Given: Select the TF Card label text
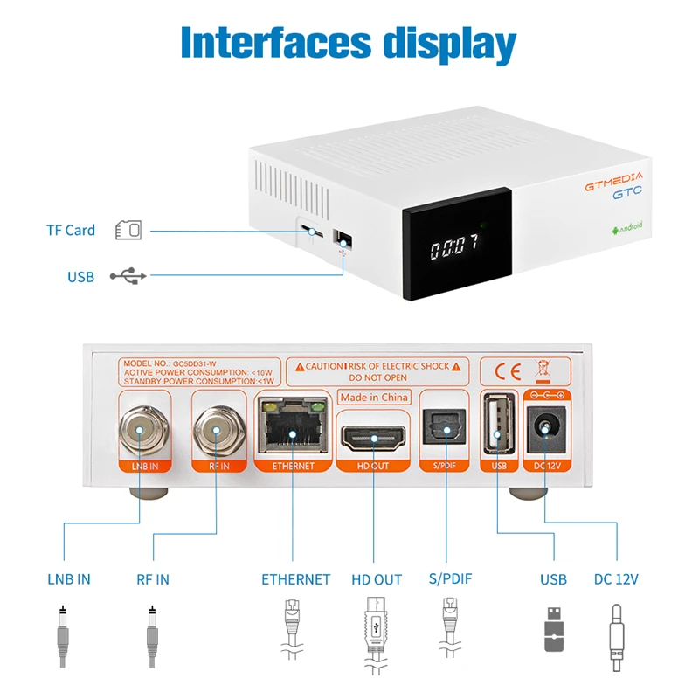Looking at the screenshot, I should [71, 231].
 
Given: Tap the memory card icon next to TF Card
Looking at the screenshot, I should [128, 231].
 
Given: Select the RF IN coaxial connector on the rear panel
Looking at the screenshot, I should [217, 428].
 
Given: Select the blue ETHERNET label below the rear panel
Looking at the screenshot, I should [296, 579].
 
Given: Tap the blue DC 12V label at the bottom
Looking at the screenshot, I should [617, 579].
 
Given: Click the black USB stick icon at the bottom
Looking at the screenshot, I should [554, 630].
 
